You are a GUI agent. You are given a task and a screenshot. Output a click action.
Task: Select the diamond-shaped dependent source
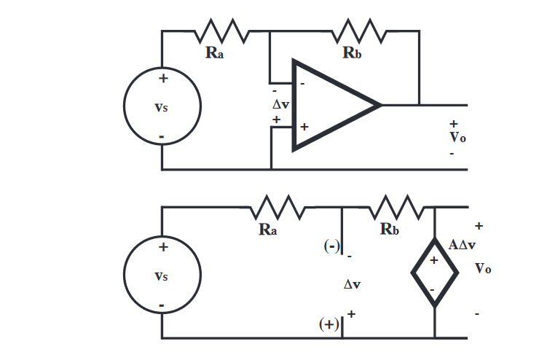click(x=435, y=273)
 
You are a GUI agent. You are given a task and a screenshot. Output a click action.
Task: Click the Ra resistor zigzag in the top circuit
click(x=222, y=31)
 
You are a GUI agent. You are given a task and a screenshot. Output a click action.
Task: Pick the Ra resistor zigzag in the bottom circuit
click(x=278, y=207)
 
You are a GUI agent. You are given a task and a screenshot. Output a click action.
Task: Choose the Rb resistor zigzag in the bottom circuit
click(x=397, y=207)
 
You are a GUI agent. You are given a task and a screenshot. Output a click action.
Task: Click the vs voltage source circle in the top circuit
click(x=162, y=106)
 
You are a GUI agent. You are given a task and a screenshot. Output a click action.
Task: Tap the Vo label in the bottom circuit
click(x=483, y=269)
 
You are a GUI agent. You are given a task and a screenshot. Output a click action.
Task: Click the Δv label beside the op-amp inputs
click(x=280, y=105)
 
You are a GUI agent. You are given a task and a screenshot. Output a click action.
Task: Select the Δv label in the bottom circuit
click(x=352, y=284)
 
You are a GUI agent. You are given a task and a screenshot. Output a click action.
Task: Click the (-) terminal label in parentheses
click(x=332, y=246)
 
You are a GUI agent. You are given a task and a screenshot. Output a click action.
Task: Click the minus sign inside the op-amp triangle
click(x=303, y=84)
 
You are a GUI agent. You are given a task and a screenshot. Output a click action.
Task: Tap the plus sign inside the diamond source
click(x=433, y=260)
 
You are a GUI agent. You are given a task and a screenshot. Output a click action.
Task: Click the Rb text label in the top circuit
click(x=353, y=54)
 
